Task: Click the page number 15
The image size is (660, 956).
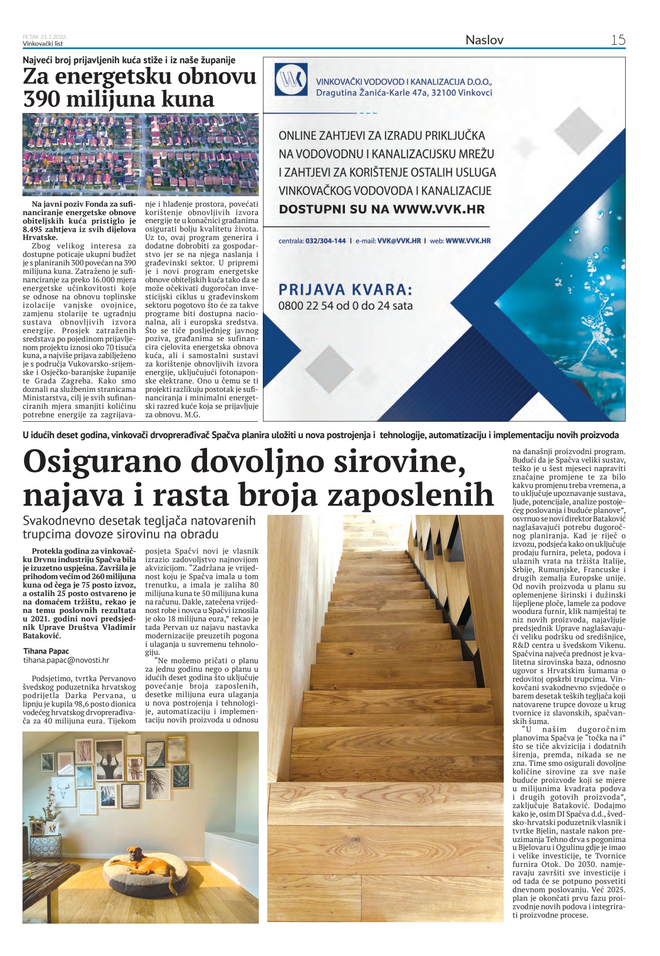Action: (x=618, y=40)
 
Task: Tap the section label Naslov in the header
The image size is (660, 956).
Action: (x=484, y=40)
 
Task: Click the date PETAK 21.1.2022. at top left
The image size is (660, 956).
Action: (x=45, y=37)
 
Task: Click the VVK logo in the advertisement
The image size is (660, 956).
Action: (x=291, y=79)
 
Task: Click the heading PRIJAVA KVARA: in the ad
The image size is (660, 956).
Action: (x=345, y=290)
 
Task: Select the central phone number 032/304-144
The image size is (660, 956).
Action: (x=326, y=241)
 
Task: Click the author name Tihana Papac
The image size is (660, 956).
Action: (x=46, y=651)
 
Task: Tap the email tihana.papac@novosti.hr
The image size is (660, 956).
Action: (x=66, y=660)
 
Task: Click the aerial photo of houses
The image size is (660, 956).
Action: (x=140, y=154)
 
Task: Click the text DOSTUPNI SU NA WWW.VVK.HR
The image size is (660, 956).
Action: (x=381, y=209)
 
